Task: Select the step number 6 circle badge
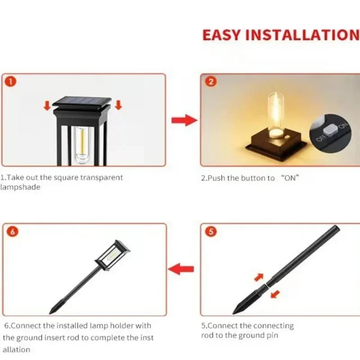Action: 13,232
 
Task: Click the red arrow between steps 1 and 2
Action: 184,120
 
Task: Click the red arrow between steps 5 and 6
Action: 181,270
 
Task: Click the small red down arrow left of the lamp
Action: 46,105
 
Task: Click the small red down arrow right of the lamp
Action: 118,105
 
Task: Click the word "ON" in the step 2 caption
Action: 290,178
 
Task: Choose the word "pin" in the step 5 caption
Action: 273,335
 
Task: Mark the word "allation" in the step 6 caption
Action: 17,349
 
